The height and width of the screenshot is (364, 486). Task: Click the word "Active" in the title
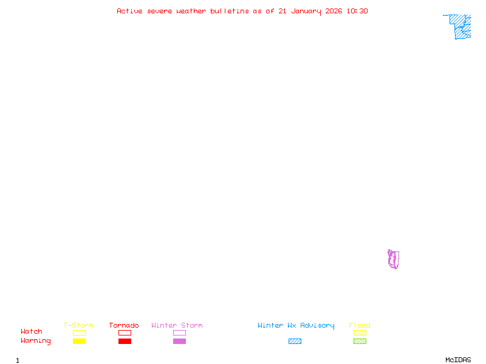129,11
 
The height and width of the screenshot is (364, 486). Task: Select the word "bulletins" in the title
230,11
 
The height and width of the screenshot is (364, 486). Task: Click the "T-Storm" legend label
78,326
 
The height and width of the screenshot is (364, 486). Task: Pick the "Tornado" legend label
124,326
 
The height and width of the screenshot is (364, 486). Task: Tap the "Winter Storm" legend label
177,326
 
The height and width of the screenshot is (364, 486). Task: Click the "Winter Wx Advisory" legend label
296,326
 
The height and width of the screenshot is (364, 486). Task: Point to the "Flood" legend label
360,326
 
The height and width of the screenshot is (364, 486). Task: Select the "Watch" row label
32,332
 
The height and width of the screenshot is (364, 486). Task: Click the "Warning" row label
36,341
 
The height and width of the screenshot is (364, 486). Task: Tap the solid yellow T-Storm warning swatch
79,341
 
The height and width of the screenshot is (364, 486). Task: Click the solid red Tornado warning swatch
125,341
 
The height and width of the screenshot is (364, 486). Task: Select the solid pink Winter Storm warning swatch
179,341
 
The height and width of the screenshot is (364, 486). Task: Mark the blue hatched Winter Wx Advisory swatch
295,341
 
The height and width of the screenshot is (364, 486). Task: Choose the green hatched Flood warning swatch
360,341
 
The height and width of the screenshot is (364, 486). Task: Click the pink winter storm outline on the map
393,259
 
